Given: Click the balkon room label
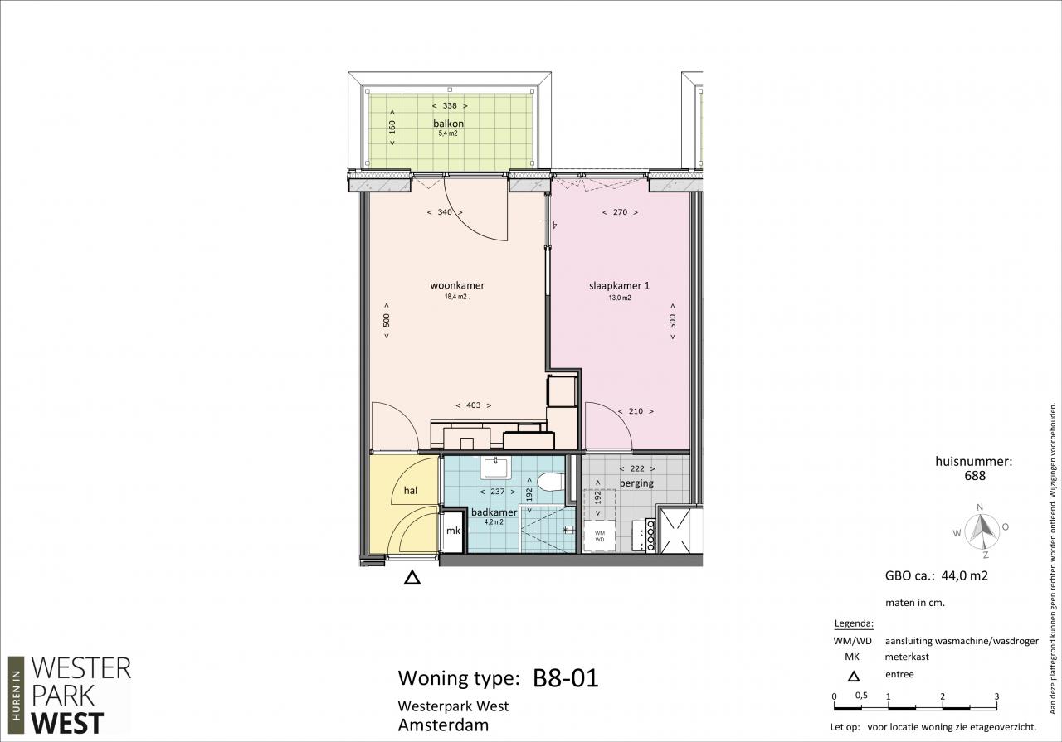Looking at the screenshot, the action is (448, 124).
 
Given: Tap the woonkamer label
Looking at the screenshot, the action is (457, 285).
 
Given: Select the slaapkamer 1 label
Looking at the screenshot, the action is (619, 286).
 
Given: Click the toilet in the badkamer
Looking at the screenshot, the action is (551, 482).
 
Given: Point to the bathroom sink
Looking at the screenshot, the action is (495, 468).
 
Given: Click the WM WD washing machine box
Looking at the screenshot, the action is (600, 536).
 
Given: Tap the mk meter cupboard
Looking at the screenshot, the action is (453, 531).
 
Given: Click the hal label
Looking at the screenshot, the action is (411, 491).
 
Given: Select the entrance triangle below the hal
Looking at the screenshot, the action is (412, 578).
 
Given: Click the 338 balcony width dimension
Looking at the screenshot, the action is (450, 105).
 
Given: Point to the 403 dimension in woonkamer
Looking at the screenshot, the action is (473, 405).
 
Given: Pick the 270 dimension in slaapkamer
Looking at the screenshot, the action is (620, 212).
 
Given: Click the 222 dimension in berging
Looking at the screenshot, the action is (636, 468).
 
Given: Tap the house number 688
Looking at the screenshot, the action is (975, 476).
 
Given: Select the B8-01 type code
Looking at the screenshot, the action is (566, 678).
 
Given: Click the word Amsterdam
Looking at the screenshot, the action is (443, 725).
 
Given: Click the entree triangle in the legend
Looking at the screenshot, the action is (854, 677).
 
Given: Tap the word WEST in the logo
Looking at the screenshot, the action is (67, 723).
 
